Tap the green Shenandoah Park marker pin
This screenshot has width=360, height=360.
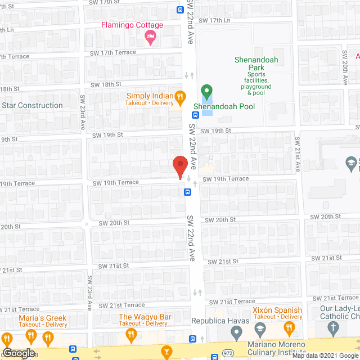point(206,91)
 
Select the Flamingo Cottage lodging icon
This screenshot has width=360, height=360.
point(150,38)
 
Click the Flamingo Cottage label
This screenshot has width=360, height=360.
point(132,25)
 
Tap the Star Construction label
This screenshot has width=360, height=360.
point(32,105)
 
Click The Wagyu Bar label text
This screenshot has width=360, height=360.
point(145,317)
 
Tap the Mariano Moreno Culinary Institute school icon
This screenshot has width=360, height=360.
point(260,328)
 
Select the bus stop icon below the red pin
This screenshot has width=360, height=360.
point(187,192)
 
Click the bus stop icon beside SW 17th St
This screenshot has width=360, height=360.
point(179,10)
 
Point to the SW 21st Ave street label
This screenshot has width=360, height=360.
point(298,153)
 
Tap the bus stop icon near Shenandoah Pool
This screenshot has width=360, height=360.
point(191,115)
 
